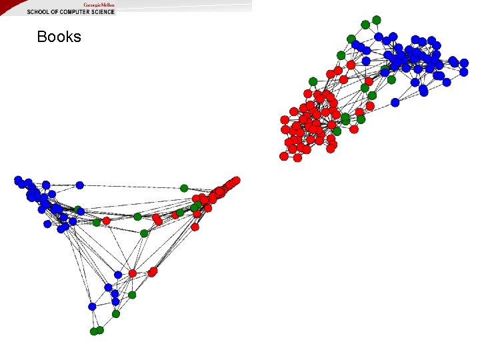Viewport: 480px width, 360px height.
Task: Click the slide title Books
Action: click(59, 37)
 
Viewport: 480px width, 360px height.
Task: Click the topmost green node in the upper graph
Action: click(377, 20)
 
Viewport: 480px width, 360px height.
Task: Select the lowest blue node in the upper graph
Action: click(395, 103)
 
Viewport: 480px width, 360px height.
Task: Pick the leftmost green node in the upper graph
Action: click(313, 81)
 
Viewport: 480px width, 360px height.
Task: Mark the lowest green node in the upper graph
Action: click(337, 131)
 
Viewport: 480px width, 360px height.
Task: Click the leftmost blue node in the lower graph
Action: click(18, 180)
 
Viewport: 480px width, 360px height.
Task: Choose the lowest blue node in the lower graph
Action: click(92, 307)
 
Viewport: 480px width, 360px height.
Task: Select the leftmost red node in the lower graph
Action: click(106, 221)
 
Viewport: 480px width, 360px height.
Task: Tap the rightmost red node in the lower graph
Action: click(236, 181)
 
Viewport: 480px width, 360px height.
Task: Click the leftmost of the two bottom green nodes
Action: click(94, 331)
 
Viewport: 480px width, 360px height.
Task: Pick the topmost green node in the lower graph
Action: click(185, 188)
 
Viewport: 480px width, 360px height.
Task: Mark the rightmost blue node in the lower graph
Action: click(118, 275)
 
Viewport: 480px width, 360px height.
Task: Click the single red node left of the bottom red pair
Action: click(132, 273)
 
